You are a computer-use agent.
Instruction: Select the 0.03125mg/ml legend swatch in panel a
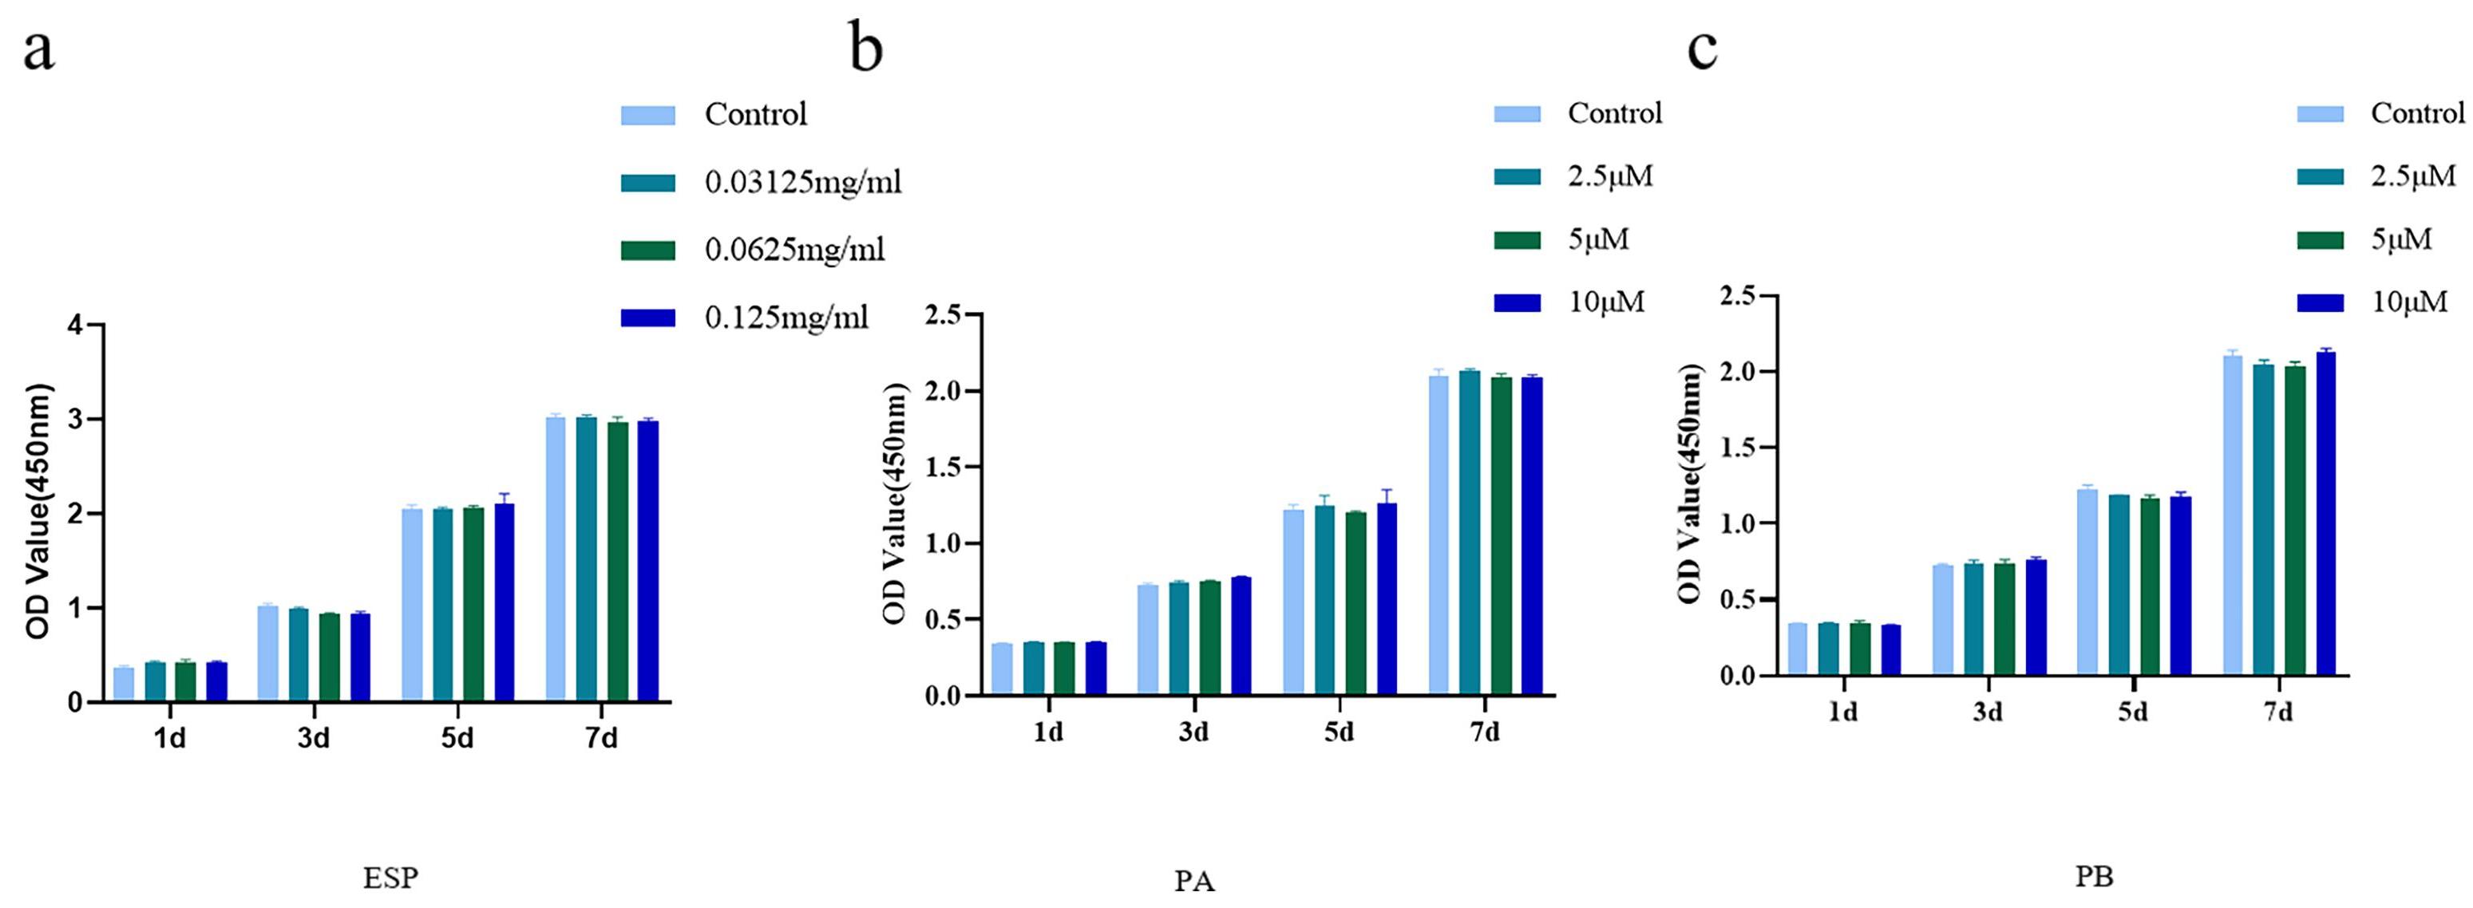pos(648,183)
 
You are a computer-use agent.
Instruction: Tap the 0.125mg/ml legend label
pos(786,318)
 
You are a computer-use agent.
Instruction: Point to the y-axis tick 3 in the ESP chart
pos(74,420)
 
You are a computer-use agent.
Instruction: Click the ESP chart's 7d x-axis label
pos(601,739)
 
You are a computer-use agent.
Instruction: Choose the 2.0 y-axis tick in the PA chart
pos(947,392)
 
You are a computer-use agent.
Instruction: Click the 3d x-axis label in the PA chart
pos(1193,732)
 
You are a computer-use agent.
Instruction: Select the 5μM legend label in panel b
pos(1598,239)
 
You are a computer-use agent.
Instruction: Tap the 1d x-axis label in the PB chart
pos(1842,713)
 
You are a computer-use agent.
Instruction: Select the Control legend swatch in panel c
pos(2320,114)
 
